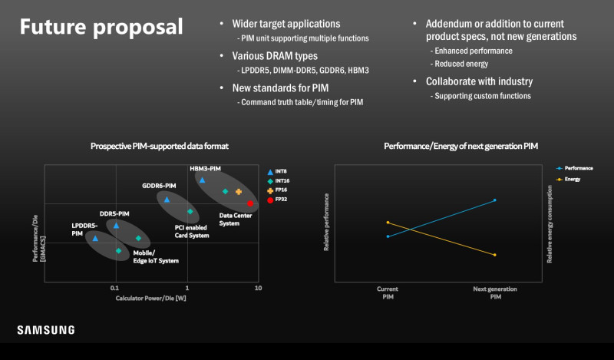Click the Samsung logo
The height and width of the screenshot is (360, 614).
coord(46,330)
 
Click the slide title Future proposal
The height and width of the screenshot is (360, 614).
coord(101,27)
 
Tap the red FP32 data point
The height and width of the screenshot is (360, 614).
coord(250,203)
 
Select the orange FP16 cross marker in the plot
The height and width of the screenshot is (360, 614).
coord(239,192)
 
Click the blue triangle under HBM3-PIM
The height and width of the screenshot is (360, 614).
coord(202,180)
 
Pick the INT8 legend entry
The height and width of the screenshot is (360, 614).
coord(277,172)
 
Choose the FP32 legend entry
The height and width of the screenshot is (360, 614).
coord(277,200)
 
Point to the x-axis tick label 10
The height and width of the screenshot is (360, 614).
coord(258,288)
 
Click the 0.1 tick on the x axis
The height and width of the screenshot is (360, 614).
coord(114,288)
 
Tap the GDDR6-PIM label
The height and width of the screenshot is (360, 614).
coord(159,186)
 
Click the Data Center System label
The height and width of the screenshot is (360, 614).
coord(236,220)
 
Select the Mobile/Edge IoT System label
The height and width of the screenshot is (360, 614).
coord(156,256)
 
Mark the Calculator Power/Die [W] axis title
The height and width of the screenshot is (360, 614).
coord(150,298)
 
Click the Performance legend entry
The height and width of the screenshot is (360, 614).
coord(574,168)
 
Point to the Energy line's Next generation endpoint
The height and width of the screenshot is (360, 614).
coord(495,255)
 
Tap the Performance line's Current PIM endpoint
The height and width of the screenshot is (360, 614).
coord(388,236)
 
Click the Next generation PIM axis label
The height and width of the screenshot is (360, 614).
coord(495,292)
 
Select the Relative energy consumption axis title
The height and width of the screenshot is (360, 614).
coord(550,223)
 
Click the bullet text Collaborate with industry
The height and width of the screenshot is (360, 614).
coord(479,81)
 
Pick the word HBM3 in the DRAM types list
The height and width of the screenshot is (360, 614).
coord(358,71)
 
